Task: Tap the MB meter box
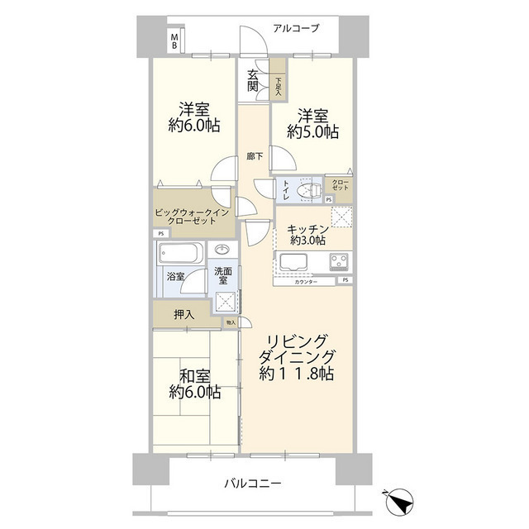coord(174,42)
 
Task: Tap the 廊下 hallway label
coord(254,155)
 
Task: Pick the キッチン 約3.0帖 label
coord(307,233)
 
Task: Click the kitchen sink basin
coord(293,264)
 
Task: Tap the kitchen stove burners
coord(339,264)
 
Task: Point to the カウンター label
coord(305,283)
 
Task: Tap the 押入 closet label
coord(184,314)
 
